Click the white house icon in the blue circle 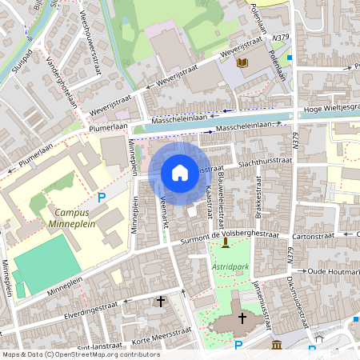tap(180, 172)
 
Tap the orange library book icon tap(244, 63)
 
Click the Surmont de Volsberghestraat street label tap(227, 234)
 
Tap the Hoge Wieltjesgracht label tap(331, 107)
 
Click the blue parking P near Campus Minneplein tap(102, 198)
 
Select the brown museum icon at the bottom tap(276, 344)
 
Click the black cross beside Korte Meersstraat tap(161, 302)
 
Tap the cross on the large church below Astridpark tap(242, 318)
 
